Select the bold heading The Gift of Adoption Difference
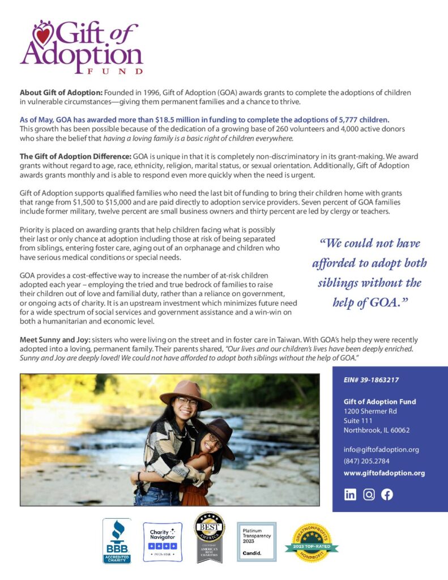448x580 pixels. (75, 156)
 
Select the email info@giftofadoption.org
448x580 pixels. (381, 450)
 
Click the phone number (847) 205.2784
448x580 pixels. (366, 461)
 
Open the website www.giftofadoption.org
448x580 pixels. (384, 473)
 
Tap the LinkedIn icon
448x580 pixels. (351, 494)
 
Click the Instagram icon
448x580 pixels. (369, 494)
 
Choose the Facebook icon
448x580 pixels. (387, 494)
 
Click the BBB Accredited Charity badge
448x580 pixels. (117, 541)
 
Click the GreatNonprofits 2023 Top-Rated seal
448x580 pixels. (312, 543)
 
